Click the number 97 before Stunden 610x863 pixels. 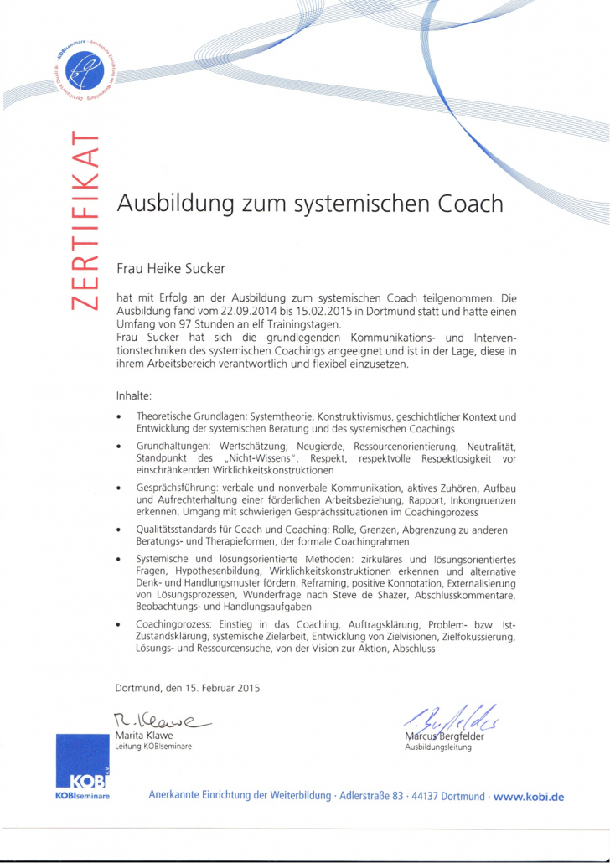pos(186,323)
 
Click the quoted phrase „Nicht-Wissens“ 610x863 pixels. pos(261,459)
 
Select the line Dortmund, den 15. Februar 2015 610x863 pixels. pos(188,689)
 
